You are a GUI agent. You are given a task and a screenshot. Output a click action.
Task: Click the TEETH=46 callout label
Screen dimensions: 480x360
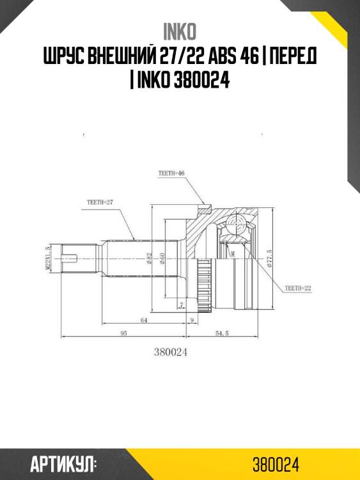172,173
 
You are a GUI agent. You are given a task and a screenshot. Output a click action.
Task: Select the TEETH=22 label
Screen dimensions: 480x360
298,288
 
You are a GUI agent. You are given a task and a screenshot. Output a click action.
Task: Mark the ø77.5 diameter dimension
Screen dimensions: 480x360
270,259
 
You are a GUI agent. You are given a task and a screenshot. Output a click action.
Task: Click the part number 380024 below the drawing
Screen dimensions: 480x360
171,351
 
